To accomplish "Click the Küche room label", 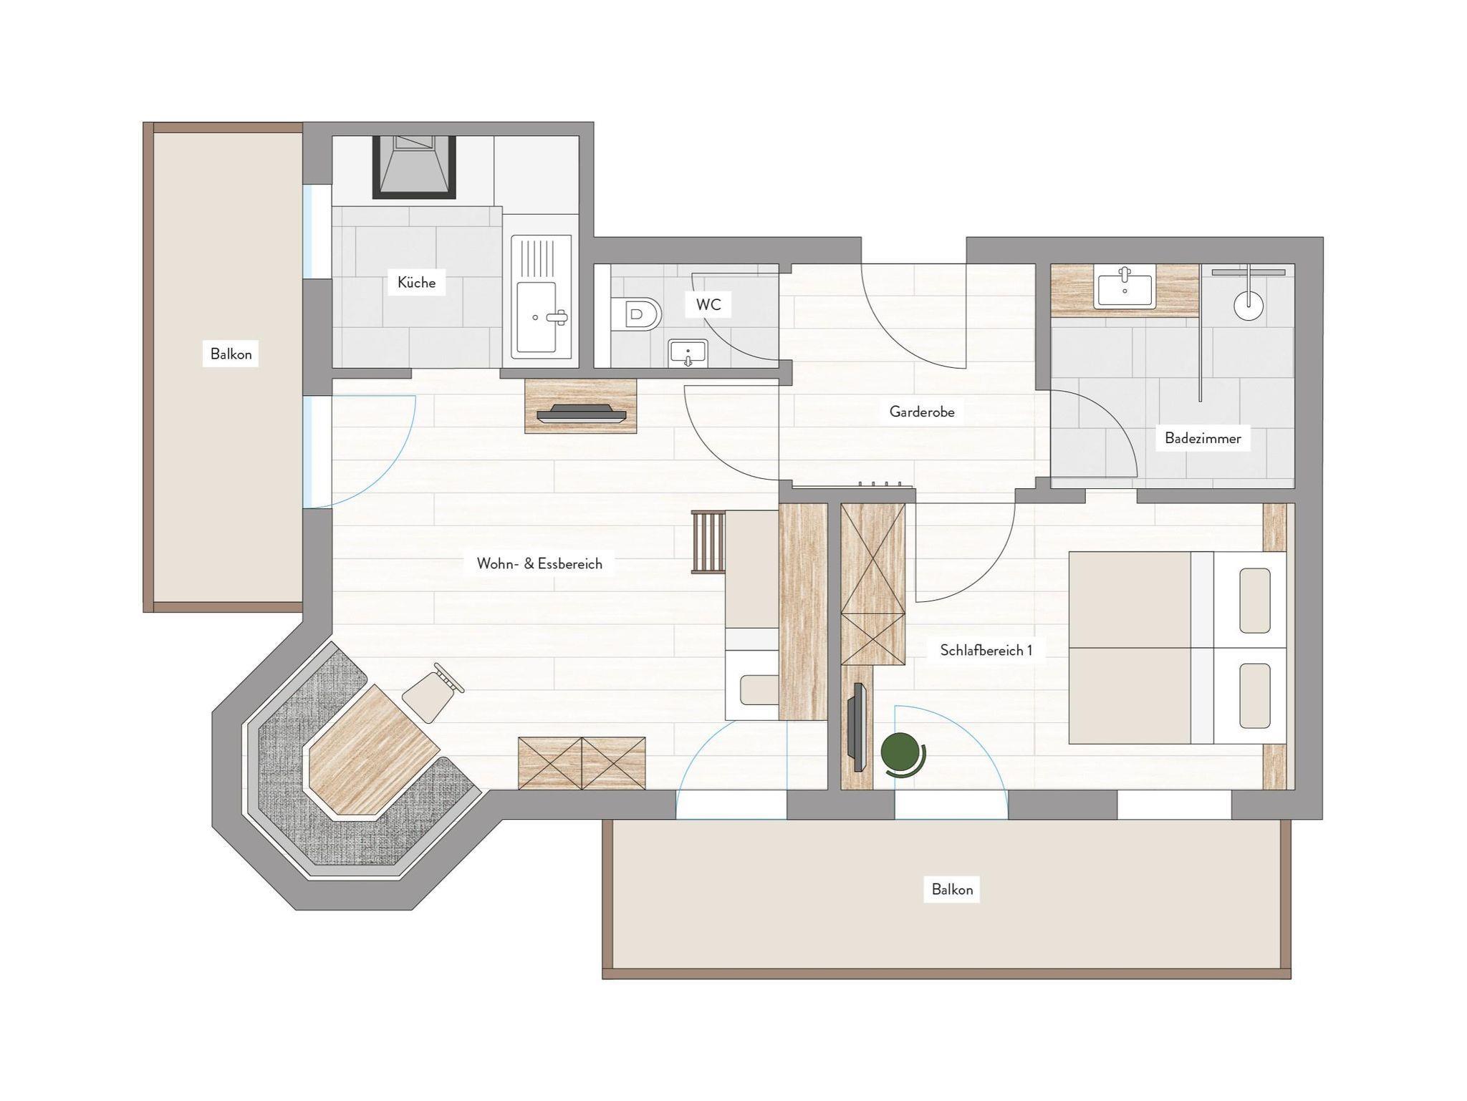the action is [416, 283].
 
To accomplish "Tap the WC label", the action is [708, 305].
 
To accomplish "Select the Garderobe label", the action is [922, 412].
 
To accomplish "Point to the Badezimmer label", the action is [1203, 438].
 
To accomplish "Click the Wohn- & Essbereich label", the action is [539, 563].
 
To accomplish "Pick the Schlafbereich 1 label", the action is [986, 650].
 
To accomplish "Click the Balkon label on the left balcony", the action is [231, 354].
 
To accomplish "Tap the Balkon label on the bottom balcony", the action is [952, 889].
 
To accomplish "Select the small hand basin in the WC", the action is [688, 354].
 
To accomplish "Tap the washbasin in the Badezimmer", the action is [1125, 286].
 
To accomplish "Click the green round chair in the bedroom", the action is [902, 755].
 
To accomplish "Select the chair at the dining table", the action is [433, 693].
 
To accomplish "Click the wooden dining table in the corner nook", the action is [373, 752].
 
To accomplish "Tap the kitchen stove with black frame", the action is [414, 167].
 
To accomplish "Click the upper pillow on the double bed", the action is [1254, 601].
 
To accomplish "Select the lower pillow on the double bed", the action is [1254, 696].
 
